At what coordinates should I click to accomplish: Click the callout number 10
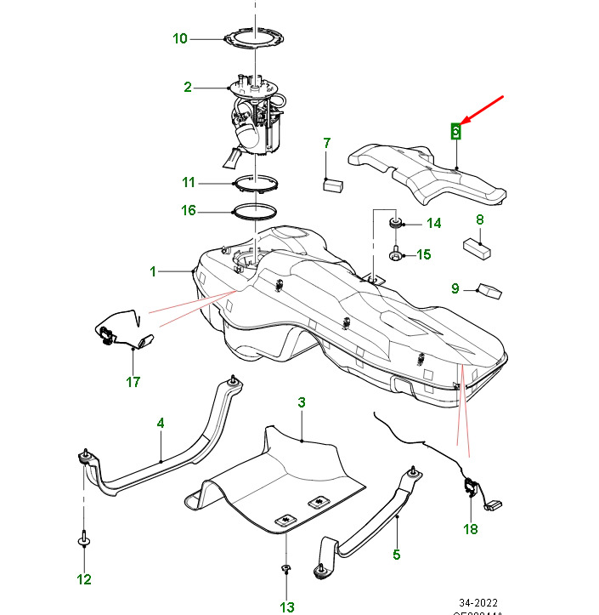click(x=179, y=38)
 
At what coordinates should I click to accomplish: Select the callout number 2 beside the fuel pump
click(x=188, y=87)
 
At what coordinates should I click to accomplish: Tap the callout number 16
click(x=189, y=210)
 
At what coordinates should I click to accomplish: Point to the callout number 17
click(x=133, y=382)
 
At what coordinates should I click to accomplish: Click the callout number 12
click(x=84, y=580)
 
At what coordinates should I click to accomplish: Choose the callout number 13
click(x=287, y=606)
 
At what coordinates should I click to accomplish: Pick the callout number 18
click(x=471, y=529)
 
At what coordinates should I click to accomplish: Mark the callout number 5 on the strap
click(x=396, y=555)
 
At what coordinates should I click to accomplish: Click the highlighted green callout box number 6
click(x=456, y=131)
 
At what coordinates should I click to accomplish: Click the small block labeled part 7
click(x=331, y=182)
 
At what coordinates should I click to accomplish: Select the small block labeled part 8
click(x=478, y=248)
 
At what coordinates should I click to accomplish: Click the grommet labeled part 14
click(x=395, y=224)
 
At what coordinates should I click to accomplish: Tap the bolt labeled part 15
click(x=396, y=253)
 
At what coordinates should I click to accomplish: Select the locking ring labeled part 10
click(x=253, y=37)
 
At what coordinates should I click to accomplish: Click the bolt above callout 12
click(x=84, y=538)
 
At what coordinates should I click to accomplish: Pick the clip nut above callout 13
click(x=287, y=569)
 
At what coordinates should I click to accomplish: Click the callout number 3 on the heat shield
click(x=301, y=401)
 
